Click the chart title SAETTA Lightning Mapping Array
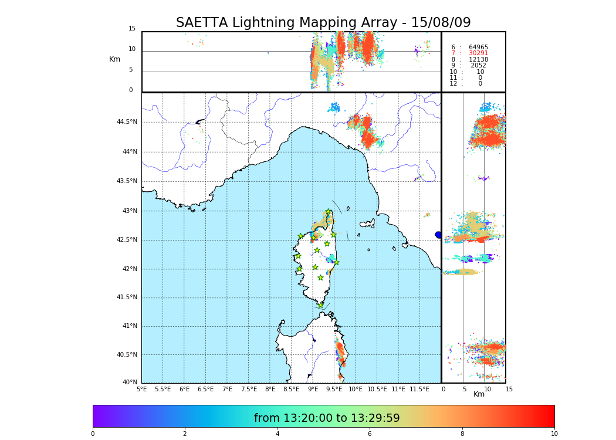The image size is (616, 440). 323,23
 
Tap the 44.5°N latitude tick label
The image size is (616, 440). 127,122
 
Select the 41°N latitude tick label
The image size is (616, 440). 129,326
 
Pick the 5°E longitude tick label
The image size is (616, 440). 141,389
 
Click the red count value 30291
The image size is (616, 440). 478,53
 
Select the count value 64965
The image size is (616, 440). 478,48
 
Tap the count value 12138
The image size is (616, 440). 478,60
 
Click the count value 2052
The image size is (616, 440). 478,66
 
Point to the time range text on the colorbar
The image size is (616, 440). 327,418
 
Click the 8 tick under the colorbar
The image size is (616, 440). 462,434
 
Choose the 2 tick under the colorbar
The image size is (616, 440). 185,434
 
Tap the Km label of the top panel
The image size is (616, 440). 114,59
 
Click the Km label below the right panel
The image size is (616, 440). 479,394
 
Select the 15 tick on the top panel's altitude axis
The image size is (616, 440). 132,29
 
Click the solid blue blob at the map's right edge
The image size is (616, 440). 438,235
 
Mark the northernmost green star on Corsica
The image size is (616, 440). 329,212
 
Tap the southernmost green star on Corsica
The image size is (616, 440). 320,305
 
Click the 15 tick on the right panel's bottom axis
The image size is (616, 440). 509,389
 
